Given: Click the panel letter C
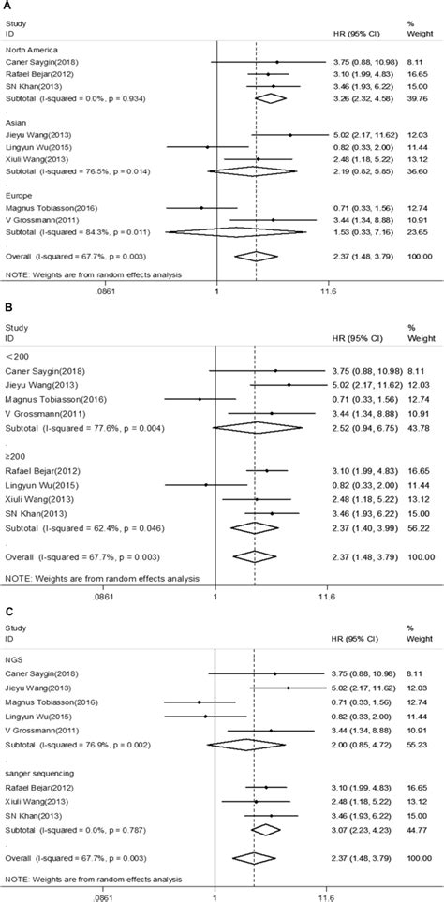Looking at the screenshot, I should (x=9, y=611).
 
